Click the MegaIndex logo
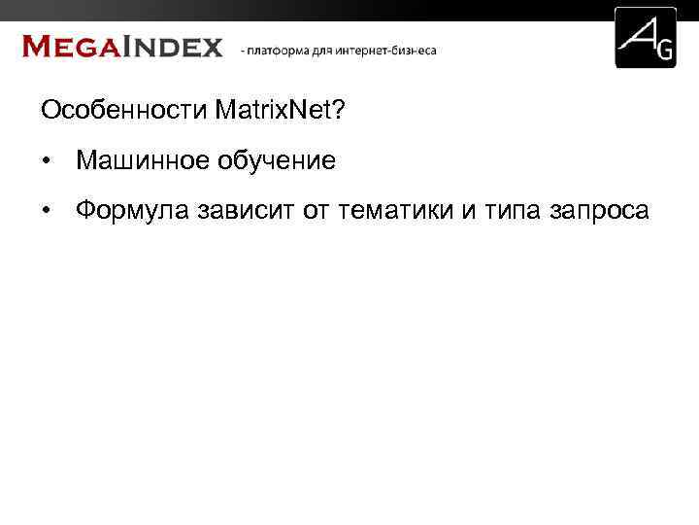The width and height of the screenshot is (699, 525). tap(122, 47)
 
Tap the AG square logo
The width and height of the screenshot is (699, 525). tap(646, 38)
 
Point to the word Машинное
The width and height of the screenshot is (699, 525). tap(136, 160)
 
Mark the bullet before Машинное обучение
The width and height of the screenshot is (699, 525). tap(46, 161)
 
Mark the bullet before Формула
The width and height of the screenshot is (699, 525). tap(46, 211)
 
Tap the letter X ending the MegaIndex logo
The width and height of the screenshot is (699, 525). tap(211, 47)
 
